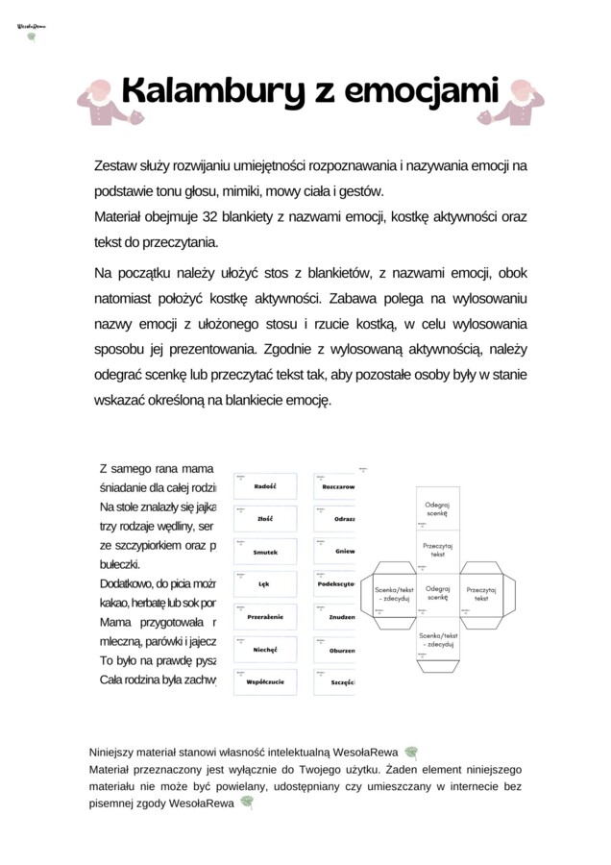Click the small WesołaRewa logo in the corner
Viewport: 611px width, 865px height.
[33, 31]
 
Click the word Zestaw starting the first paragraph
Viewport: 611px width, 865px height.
[116, 165]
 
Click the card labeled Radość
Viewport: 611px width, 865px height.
[266, 486]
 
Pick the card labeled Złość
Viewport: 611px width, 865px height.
[266, 519]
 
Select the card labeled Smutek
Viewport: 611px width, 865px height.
[266, 553]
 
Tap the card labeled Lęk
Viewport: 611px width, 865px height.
[266, 584]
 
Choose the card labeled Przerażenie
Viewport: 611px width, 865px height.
[266, 617]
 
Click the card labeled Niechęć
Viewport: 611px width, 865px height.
[266, 650]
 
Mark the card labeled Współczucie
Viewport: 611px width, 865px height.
[266, 681]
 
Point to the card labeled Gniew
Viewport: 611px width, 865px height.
[335, 552]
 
